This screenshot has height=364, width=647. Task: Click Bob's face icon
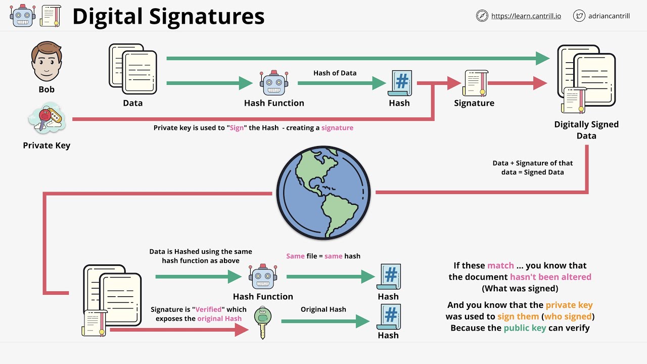point(47,62)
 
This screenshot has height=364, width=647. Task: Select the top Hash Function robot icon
point(273,83)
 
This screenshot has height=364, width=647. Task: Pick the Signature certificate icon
point(474,83)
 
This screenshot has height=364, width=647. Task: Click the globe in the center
point(323,192)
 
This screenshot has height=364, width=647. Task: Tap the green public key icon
point(262,322)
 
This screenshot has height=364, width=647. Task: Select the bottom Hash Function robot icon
point(262,277)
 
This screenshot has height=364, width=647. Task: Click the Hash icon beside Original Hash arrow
point(388,316)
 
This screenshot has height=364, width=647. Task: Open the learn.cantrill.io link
point(526,16)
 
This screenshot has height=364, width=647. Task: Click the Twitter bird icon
point(579,16)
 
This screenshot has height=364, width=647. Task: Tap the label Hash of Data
point(335,73)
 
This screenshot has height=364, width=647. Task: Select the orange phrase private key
point(569,305)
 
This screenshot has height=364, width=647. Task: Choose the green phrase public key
point(525,328)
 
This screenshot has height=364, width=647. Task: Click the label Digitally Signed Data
point(586,130)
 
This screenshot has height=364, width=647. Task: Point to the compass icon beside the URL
point(482,16)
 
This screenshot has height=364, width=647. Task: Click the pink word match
point(500,265)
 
